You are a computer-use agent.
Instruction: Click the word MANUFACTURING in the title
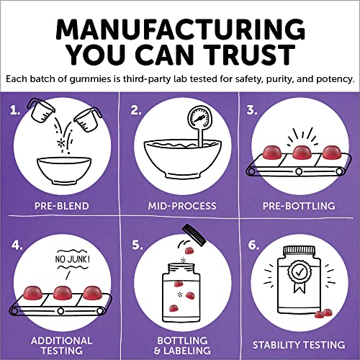click(x=180, y=27)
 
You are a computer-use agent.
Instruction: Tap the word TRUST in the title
click(x=253, y=56)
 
